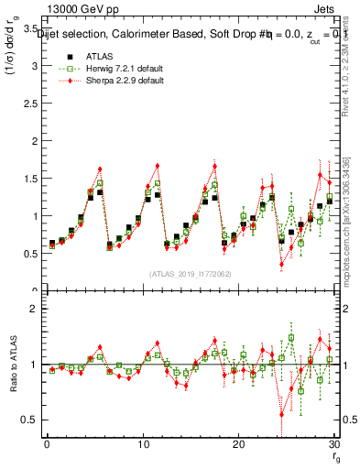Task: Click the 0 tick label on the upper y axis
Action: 35,291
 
